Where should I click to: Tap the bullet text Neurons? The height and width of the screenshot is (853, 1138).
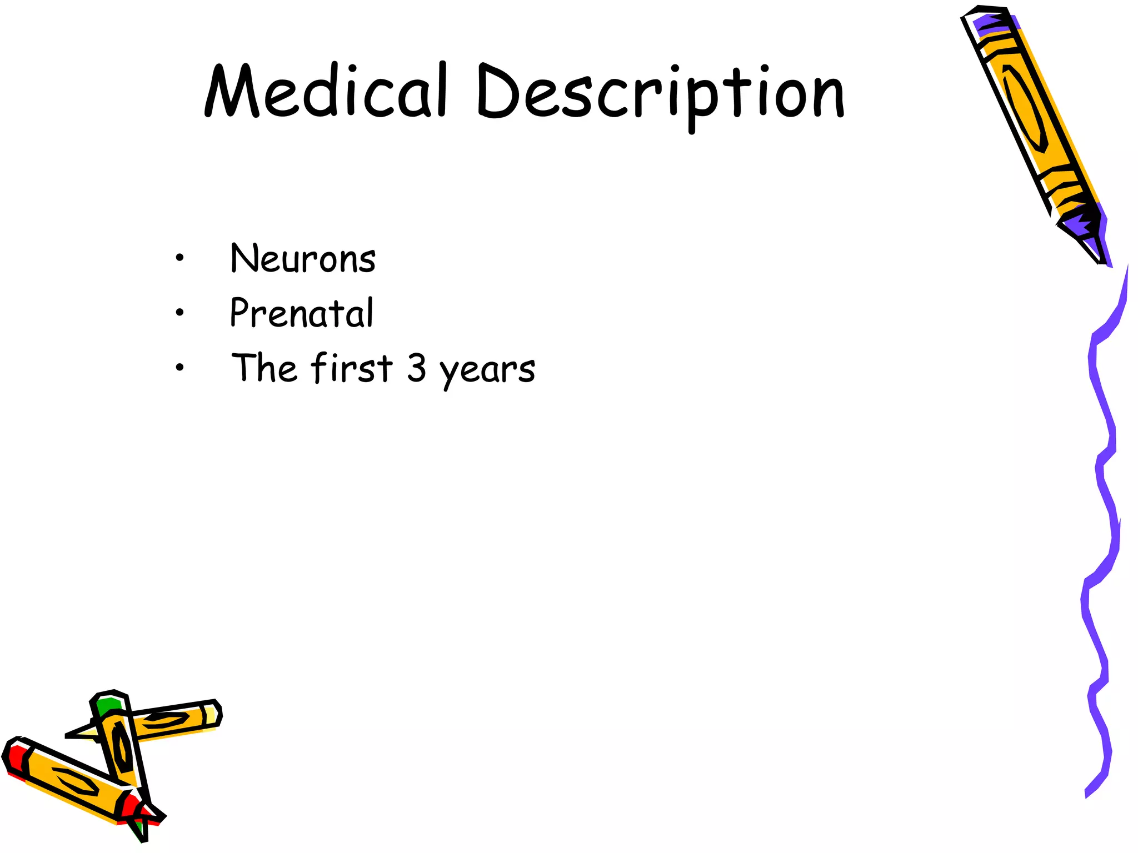(x=303, y=259)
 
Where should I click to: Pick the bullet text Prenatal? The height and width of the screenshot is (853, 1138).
(x=302, y=313)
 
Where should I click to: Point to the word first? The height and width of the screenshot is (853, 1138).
(x=352, y=368)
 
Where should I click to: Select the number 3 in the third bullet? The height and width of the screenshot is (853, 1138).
(x=417, y=368)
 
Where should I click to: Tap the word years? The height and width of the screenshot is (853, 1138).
(x=487, y=370)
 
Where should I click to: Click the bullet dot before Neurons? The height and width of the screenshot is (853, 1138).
(x=179, y=258)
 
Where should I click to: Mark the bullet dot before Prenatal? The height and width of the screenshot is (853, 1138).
(x=179, y=313)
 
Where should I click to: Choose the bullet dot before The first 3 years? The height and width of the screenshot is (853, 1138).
(x=179, y=367)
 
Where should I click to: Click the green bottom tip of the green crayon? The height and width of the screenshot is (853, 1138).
(x=140, y=831)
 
